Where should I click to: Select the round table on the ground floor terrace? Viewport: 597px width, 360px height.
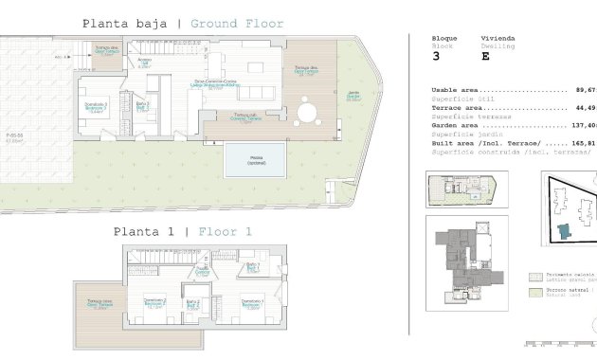[306, 113]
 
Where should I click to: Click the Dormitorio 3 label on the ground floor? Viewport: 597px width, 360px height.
[96, 107]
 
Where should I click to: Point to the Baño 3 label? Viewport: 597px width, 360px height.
[143, 106]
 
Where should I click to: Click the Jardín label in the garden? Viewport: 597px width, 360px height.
[353, 97]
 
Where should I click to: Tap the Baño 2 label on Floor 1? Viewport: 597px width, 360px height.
[191, 305]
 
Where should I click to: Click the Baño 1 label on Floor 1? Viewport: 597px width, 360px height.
[252, 267]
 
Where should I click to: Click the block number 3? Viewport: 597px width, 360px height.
[435, 56]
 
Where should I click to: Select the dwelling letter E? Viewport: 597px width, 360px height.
[485, 56]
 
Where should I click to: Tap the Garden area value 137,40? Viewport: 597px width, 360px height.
[582, 125]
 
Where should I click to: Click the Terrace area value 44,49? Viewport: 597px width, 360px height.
[582, 108]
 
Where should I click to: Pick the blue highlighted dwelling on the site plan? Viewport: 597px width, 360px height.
[566, 230]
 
